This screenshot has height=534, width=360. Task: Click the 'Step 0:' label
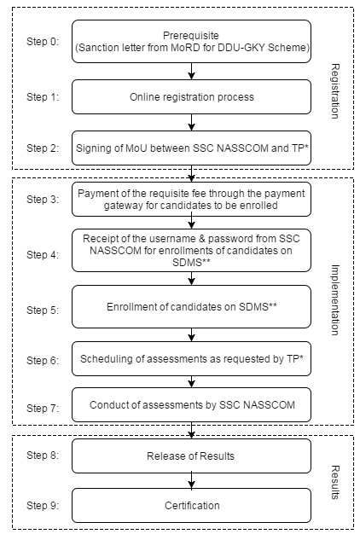(43, 42)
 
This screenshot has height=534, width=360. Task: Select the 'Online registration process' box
(191, 97)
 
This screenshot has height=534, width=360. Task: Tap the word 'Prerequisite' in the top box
(191, 36)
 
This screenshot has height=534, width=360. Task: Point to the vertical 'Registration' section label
(335, 91)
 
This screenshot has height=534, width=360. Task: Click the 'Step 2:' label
(43, 148)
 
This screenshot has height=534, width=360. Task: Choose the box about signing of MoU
(191, 148)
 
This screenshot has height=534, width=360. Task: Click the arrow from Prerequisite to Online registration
(191, 71)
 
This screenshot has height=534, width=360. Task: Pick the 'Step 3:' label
(43, 200)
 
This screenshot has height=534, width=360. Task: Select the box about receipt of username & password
(191, 250)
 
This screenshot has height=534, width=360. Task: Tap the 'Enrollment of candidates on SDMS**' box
(191, 307)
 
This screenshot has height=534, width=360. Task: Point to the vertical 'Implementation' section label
(335, 300)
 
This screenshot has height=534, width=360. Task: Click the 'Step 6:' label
(43, 360)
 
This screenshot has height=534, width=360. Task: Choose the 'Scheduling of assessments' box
(191, 359)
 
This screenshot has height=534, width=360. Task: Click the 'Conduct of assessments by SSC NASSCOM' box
(191, 405)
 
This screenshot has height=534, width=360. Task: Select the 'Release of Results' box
(191, 456)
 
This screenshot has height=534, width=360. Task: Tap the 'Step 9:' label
(43, 505)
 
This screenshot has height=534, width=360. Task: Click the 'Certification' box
(191, 505)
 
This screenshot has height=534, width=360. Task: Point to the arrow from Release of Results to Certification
(191, 480)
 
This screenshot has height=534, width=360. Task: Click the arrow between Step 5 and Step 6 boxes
(191, 334)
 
